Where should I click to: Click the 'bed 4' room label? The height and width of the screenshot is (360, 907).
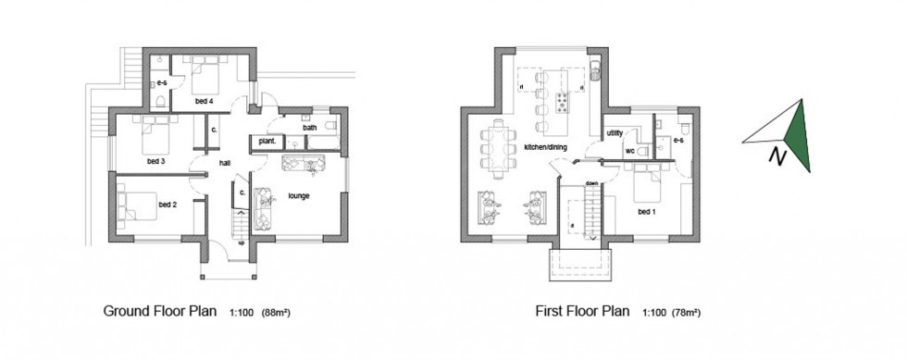[x=205, y=99]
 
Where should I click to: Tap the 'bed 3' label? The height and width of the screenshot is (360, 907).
[x=155, y=161]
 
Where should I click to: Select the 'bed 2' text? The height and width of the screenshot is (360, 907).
[x=167, y=204]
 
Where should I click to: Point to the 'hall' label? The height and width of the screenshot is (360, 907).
[x=225, y=163]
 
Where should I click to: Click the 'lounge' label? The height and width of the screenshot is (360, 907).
[x=298, y=196]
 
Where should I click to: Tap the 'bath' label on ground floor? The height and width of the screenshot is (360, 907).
[x=310, y=127]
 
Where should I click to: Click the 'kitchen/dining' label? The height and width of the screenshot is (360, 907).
[x=545, y=148]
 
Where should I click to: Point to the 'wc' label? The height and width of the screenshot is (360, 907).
[x=628, y=150]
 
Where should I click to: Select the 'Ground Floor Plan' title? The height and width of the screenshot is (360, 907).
[x=160, y=312]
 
